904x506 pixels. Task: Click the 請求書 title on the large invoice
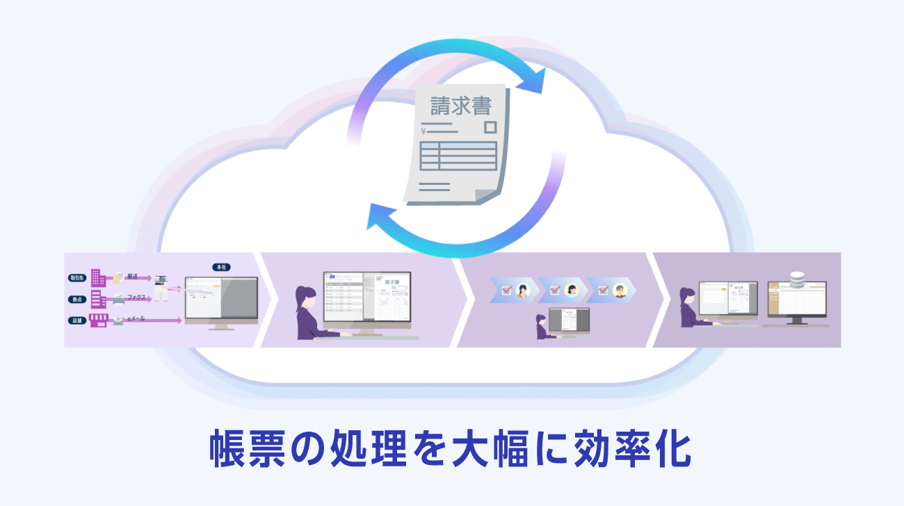click(461, 106)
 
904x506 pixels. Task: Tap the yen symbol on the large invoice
click(423, 131)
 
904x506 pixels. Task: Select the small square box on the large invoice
click(490, 127)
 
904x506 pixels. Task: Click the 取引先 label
click(76, 277)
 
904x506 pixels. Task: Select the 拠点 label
click(76, 300)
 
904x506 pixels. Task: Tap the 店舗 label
click(76, 320)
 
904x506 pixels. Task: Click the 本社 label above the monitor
click(221, 268)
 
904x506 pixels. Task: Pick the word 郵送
click(132, 277)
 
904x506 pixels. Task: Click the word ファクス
click(136, 297)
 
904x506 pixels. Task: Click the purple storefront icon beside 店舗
click(98, 320)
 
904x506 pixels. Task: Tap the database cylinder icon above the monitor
click(797, 279)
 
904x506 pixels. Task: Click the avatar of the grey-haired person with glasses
click(620, 289)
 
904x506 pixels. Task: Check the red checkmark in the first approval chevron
click(506, 289)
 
